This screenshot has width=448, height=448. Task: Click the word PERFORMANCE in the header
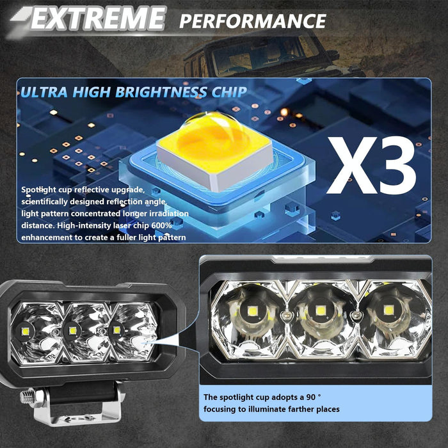(252, 20)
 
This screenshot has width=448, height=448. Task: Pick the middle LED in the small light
(72, 330)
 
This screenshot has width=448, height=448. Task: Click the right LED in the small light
(116, 330)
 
